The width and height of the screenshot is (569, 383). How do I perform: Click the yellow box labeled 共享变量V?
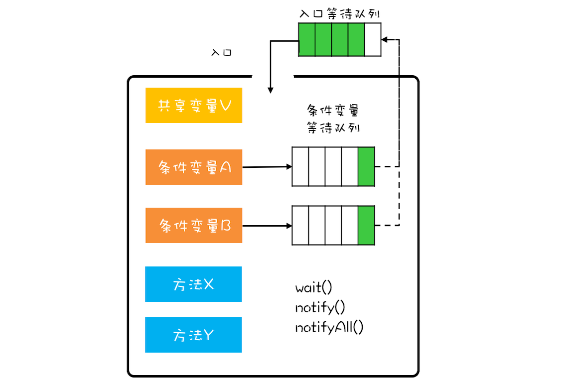pyautogui.click(x=194, y=106)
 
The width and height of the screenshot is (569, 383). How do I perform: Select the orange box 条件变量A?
pyautogui.click(x=194, y=167)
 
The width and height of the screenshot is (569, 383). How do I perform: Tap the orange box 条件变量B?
pyautogui.click(x=194, y=226)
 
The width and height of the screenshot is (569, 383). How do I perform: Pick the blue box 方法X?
pyautogui.click(x=193, y=284)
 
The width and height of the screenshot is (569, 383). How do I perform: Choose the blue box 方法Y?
pyautogui.click(x=193, y=335)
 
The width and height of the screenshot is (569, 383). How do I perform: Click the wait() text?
pyautogui.click(x=313, y=288)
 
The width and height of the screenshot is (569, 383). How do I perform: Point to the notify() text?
pyautogui.click(x=320, y=308)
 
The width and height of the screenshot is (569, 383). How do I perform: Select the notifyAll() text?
pyautogui.click(x=329, y=328)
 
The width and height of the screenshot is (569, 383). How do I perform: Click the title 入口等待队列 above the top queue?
pyautogui.click(x=340, y=13)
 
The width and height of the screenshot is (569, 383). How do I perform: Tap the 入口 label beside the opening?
pyautogui.click(x=222, y=52)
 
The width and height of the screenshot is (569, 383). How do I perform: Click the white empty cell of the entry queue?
pyautogui.click(x=373, y=39)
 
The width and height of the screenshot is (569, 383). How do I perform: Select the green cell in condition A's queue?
pyautogui.click(x=366, y=167)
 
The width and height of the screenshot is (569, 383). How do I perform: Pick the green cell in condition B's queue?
pyautogui.click(x=366, y=226)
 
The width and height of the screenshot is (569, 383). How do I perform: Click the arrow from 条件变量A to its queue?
pyautogui.click(x=267, y=167)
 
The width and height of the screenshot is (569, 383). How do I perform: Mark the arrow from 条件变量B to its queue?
pyautogui.click(x=267, y=226)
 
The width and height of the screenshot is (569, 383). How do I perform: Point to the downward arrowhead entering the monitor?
pyautogui.click(x=271, y=90)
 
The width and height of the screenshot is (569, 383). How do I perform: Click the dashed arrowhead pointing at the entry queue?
pyautogui.click(x=386, y=39)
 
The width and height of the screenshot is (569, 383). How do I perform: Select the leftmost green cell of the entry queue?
pyautogui.click(x=307, y=39)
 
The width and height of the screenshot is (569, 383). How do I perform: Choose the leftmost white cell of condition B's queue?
pyautogui.click(x=300, y=226)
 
